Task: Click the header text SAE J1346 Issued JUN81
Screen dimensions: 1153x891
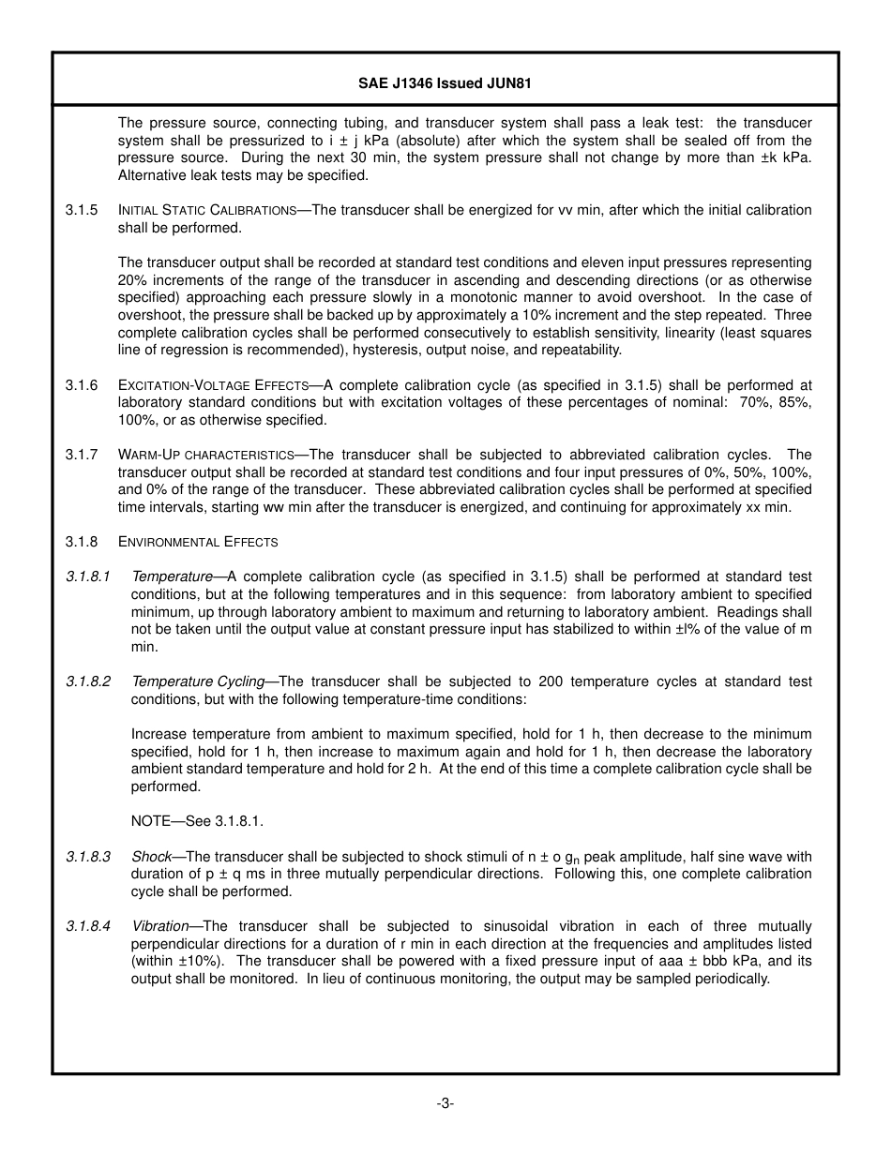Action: click(x=445, y=83)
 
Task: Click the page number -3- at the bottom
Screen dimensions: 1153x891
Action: click(x=445, y=1103)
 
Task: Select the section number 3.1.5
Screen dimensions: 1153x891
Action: click(x=82, y=210)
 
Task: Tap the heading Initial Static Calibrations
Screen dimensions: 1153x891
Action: click(x=207, y=211)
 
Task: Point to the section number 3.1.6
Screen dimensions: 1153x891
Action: click(x=82, y=385)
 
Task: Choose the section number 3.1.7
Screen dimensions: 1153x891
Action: click(x=82, y=455)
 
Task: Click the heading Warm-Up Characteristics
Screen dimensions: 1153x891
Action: click(x=206, y=456)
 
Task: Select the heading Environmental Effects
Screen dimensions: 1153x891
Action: click(x=198, y=542)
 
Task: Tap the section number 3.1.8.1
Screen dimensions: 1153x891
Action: click(x=88, y=576)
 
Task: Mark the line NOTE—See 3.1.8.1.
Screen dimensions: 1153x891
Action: click(x=197, y=821)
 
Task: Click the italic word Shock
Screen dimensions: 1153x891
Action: click(x=151, y=857)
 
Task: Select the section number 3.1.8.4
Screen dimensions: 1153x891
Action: click(x=88, y=926)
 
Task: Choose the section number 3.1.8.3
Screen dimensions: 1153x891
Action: click(x=88, y=857)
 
